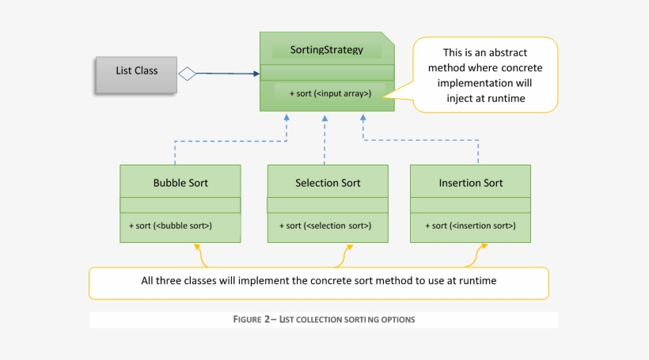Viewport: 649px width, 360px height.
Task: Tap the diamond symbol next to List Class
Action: (x=187, y=74)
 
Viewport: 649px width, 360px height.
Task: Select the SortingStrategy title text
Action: (x=327, y=50)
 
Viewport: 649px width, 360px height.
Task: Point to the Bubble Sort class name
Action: (x=180, y=183)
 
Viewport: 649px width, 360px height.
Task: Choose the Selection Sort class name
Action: (x=328, y=183)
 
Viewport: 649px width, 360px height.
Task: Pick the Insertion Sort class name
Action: (x=471, y=183)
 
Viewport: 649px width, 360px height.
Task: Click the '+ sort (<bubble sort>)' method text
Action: (x=171, y=225)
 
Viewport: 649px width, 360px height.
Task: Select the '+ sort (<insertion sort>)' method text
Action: (x=471, y=225)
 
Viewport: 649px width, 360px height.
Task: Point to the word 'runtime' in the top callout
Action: (x=507, y=99)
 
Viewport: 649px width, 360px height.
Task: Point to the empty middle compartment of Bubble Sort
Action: (x=180, y=206)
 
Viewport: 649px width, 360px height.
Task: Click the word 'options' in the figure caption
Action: (x=397, y=320)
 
